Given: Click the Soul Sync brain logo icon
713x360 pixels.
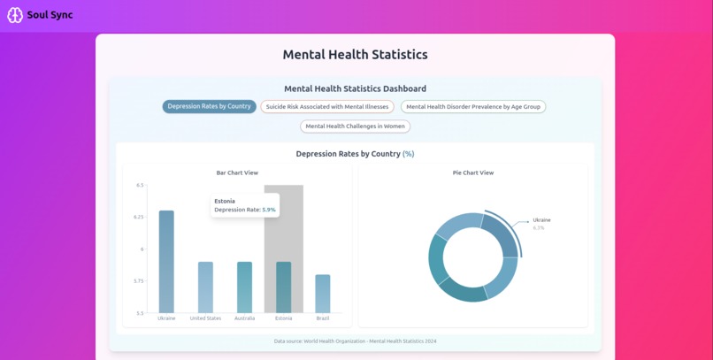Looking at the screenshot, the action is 15,15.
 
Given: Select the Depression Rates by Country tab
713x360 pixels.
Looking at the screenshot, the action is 209,106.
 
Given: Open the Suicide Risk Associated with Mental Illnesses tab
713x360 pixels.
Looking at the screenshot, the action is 327,107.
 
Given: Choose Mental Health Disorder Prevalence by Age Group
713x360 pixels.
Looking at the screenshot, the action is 473,107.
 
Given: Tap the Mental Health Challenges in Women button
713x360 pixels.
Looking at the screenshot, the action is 355,126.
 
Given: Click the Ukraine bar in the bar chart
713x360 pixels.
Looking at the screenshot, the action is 166,262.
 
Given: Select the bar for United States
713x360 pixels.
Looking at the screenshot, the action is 205,287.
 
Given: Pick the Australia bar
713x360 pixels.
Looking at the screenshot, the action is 245,287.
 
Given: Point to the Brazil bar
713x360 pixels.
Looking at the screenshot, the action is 323,294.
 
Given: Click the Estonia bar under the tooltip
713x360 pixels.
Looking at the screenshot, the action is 284,287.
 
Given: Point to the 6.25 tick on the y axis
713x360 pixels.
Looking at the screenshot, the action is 138,218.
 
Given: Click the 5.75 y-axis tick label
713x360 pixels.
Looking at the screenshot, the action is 138,281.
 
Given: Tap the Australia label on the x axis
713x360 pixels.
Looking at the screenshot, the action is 245,318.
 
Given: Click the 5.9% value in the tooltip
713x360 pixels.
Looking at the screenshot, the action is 269,210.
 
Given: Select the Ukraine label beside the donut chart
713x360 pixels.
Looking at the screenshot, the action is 541,220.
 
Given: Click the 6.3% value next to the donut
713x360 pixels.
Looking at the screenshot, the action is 539,227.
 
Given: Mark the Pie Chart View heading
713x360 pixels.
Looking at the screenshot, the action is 473,172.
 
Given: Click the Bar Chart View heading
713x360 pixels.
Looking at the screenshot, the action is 237,172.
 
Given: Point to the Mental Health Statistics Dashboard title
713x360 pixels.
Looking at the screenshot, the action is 355,88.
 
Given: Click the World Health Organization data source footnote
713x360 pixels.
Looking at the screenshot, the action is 355,341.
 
